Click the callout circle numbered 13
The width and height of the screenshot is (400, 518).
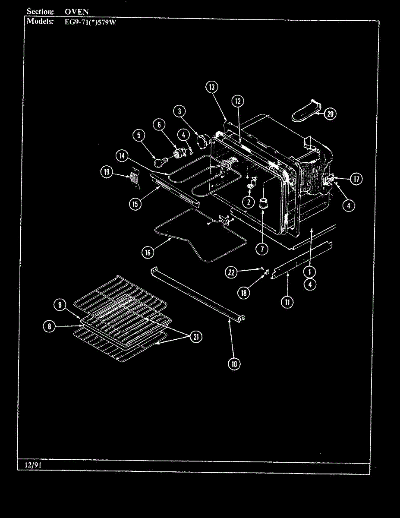pos(211,87)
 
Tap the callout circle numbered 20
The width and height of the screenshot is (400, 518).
pos(331,114)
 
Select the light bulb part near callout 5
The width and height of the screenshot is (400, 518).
pos(160,162)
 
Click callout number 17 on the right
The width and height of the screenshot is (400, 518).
pos(356,179)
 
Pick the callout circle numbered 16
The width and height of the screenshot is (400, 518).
pos(148,253)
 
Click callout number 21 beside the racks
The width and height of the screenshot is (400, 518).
pos(196,338)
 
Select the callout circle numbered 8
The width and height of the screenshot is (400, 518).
pos(50,327)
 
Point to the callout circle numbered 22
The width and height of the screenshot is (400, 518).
pos(232,272)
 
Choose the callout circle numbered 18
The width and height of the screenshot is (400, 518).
pos(244,293)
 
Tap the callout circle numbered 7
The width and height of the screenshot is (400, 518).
pos(261,249)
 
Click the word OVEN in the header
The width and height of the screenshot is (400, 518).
pos(76,12)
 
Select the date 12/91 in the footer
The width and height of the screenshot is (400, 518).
pos(30,465)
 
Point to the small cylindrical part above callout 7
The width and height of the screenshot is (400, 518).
pos(263,204)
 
